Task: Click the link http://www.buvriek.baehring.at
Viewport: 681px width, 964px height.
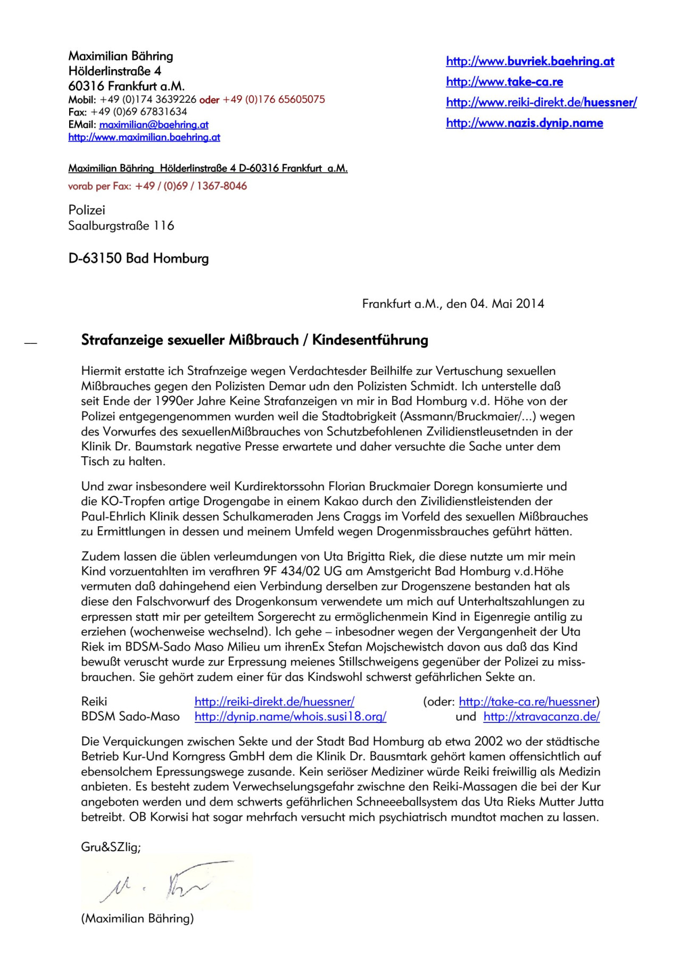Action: click(x=530, y=61)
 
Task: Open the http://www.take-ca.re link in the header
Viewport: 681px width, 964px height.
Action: click(x=504, y=82)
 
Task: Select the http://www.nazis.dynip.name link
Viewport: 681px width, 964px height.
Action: click(x=525, y=123)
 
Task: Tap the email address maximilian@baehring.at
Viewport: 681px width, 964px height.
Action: click(x=154, y=125)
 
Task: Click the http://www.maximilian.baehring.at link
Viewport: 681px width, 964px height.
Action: click(x=144, y=137)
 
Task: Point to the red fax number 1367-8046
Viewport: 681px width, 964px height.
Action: click(x=222, y=186)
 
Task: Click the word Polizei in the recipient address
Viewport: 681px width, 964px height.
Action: click(x=87, y=210)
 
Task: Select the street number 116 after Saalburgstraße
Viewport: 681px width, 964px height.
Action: click(x=164, y=226)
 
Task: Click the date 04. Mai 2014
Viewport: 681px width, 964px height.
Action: click(x=507, y=304)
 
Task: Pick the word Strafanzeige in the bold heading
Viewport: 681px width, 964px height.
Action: click(x=122, y=340)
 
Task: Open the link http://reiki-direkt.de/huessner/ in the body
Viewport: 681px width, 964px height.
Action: click(x=275, y=702)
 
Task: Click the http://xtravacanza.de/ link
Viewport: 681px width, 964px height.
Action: click(x=542, y=716)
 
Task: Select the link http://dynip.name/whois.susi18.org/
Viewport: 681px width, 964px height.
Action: click(x=290, y=716)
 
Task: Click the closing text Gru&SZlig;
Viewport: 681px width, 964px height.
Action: click(x=111, y=847)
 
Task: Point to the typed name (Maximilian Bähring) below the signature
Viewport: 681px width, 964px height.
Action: click(x=137, y=918)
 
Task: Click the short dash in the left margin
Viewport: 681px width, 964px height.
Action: click(x=31, y=344)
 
